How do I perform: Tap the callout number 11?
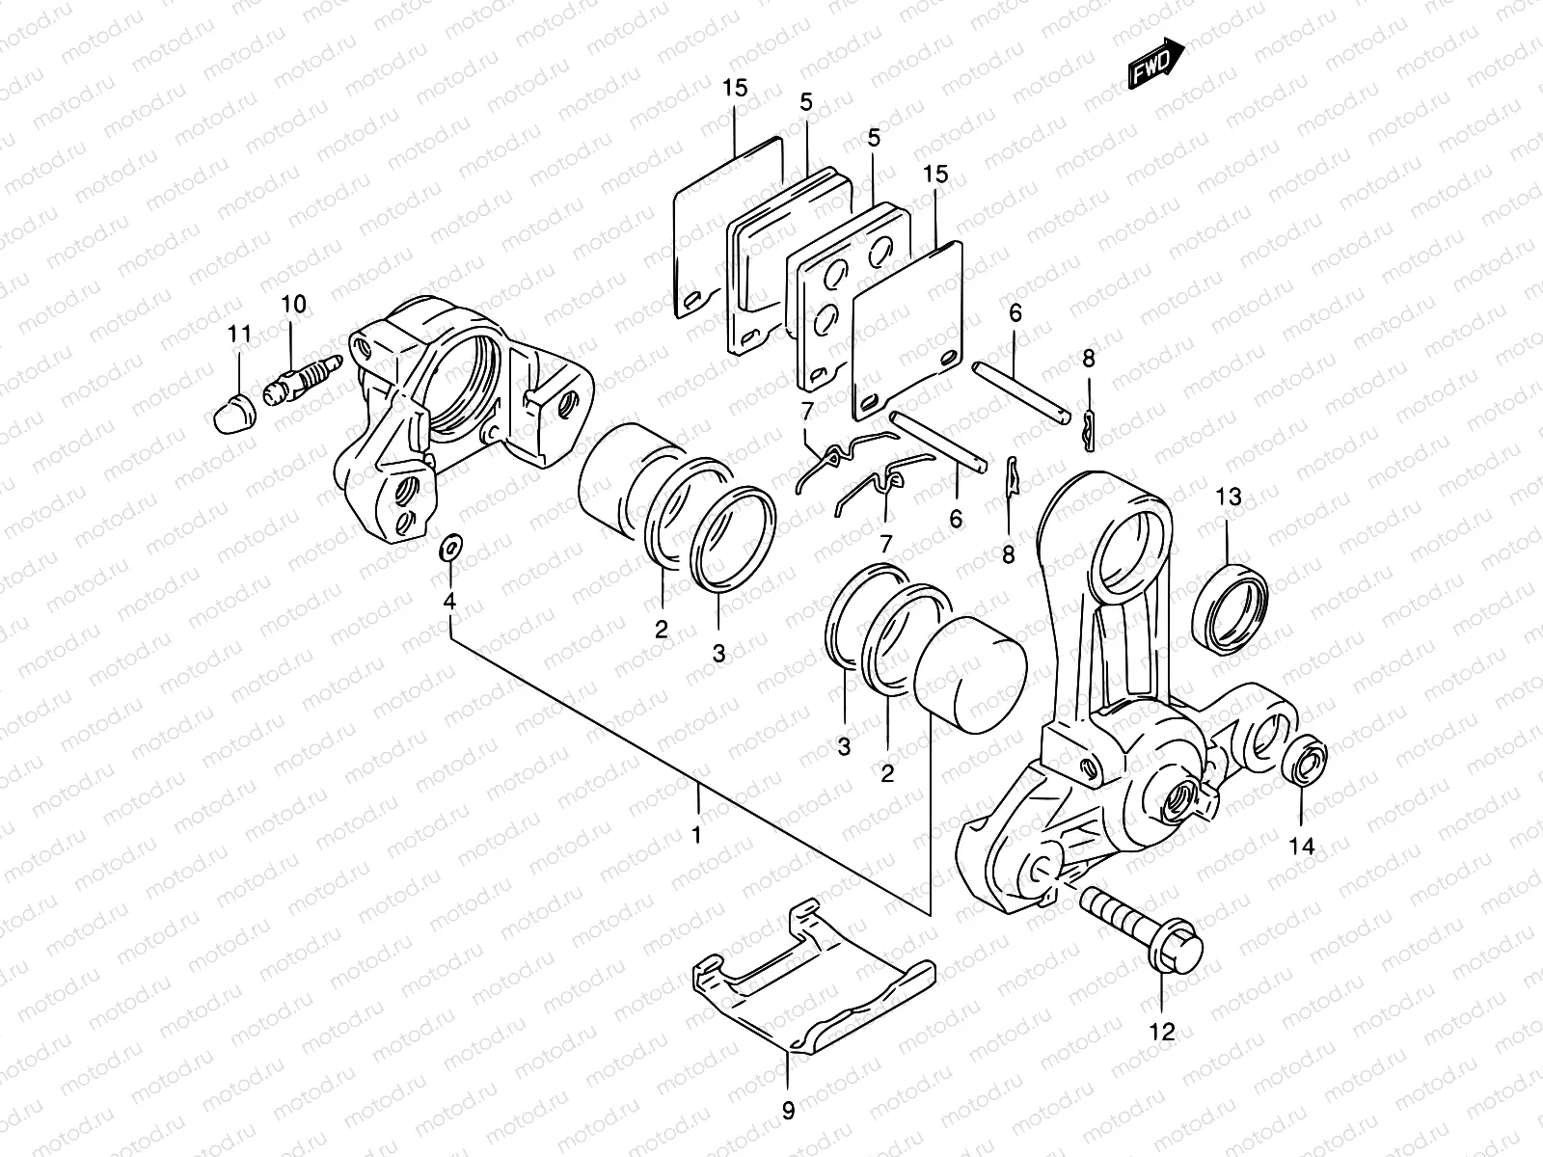(x=239, y=335)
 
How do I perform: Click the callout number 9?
(x=788, y=1112)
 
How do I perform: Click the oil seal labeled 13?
(x=1231, y=607)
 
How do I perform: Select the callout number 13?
(x=1228, y=498)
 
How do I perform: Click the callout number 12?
(x=1163, y=1033)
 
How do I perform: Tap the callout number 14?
(x=1301, y=846)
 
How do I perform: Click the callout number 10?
(x=293, y=306)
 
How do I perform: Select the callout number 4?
(x=448, y=602)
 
